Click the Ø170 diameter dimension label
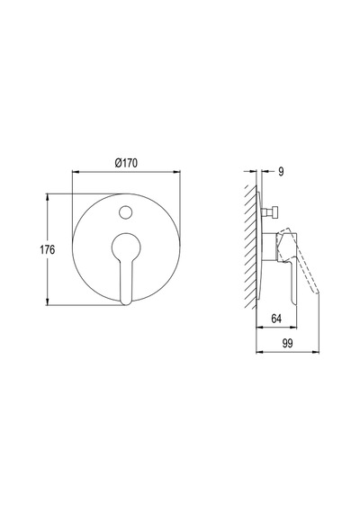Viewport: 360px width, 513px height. coord(126,163)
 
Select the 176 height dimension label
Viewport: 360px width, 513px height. coord(48,250)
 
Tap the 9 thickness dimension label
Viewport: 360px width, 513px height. coord(281,171)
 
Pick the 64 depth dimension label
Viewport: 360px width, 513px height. coord(276,319)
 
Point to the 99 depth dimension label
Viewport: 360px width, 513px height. coord(287,344)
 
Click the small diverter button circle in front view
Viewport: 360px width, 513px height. coord(125,212)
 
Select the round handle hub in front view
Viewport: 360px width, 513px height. coord(126,247)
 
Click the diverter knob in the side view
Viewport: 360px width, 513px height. coord(273,212)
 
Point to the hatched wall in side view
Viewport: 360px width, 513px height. coord(250,247)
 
